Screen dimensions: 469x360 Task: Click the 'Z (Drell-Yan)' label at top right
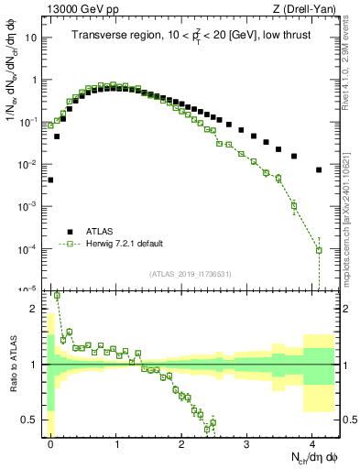[308, 8]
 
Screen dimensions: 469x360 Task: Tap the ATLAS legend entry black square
[69, 231]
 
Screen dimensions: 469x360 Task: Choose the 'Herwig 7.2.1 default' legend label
[125, 244]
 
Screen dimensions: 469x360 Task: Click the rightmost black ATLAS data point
[318, 170]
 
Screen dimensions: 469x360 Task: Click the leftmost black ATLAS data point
[50, 180]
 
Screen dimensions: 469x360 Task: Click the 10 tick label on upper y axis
[32, 38]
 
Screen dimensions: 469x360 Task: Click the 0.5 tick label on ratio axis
[31, 420]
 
